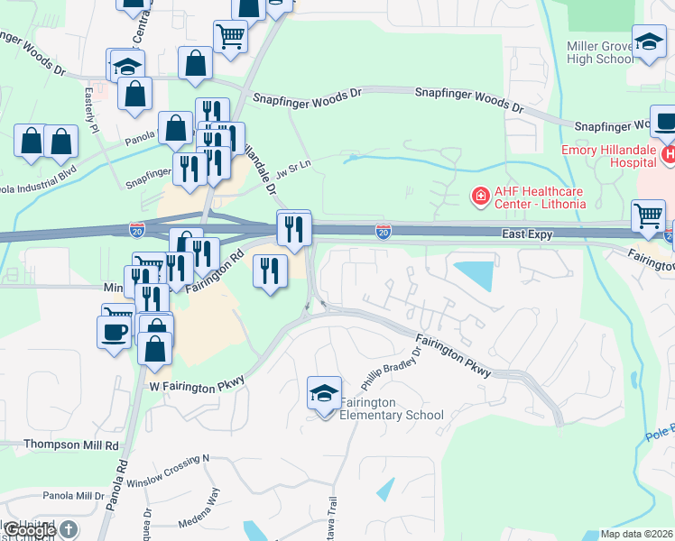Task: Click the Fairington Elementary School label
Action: point(392,409)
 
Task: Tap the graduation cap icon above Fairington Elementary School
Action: point(324,393)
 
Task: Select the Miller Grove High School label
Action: point(601,53)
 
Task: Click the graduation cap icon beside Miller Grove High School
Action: point(649,41)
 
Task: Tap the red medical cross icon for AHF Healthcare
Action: point(481,195)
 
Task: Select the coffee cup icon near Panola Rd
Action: point(114,331)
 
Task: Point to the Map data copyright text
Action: point(637,534)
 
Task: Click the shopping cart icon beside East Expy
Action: point(648,216)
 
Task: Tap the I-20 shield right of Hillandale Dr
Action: point(384,232)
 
